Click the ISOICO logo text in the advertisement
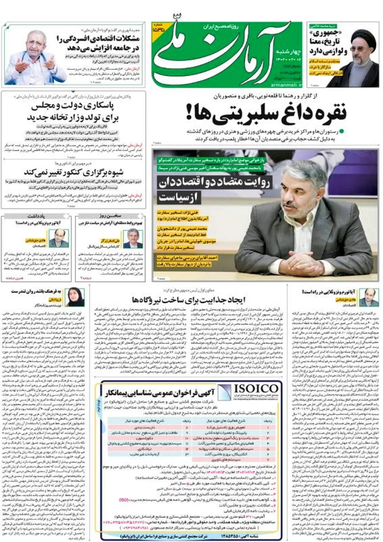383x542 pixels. coord(256,389)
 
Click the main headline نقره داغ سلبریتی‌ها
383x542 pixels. coord(267,114)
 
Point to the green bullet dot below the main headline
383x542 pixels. coord(342,131)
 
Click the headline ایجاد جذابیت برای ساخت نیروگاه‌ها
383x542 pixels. coord(188,300)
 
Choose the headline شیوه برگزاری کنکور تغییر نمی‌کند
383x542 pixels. coord(74,172)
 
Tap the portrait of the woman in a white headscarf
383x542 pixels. coord(75,297)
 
